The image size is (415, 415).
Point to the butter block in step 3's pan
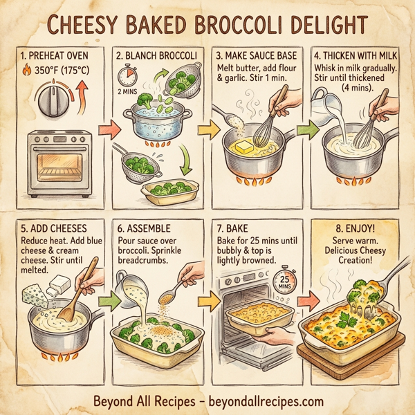coord(247,146)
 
